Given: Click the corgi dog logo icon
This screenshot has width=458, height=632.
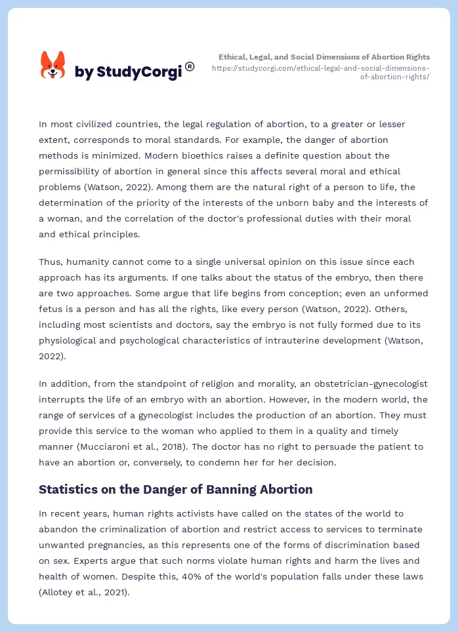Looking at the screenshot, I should click(53, 65).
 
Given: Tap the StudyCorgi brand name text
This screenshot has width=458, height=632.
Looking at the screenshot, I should click(128, 72).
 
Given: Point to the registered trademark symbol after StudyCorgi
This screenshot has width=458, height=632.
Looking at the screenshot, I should click(190, 66).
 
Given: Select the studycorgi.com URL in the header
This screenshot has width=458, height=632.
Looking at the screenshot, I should click(321, 72).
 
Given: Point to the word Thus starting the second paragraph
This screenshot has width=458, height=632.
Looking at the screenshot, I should click(51, 262).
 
